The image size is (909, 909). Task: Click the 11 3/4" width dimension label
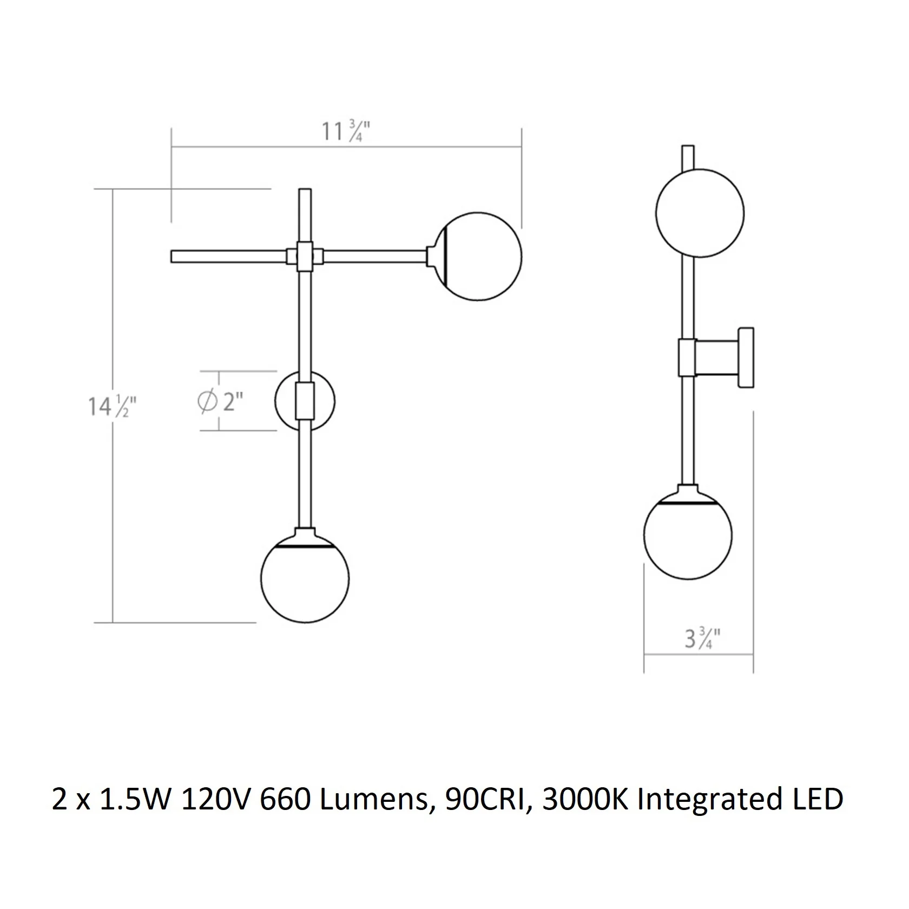click(346, 131)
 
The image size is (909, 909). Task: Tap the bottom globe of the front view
click(305, 577)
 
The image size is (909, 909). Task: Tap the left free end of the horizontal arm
click(172, 256)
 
